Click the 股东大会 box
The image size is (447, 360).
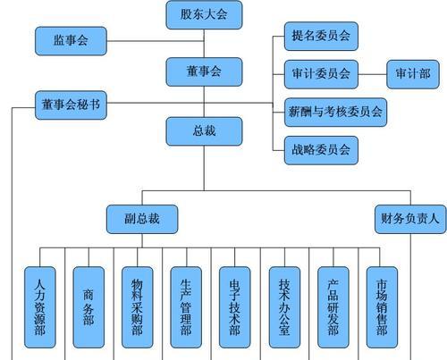point(204,15)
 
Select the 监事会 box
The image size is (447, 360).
point(71,41)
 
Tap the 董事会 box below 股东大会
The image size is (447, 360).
point(204,71)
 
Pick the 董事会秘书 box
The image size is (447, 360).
point(71,105)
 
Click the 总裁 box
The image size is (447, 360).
point(204,131)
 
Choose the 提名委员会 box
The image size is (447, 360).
point(321,36)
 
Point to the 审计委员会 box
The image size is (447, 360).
point(321,74)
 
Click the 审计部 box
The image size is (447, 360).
point(413,74)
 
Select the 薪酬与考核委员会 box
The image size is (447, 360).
point(335,113)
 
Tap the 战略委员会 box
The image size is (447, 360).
point(321,150)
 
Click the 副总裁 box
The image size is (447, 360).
point(142,219)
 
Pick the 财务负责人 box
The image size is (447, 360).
point(410,219)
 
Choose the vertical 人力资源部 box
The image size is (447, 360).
point(40,307)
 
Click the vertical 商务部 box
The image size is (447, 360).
point(89,307)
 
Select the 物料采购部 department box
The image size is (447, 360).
point(138,307)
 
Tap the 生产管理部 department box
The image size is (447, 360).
point(186,307)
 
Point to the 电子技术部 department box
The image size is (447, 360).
point(235,307)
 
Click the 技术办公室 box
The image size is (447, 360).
point(284,307)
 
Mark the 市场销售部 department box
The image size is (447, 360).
point(382,307)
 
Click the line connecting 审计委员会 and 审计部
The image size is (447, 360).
point(372,74)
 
